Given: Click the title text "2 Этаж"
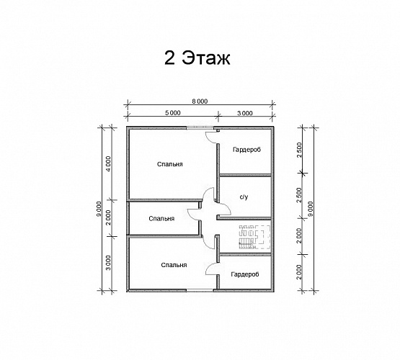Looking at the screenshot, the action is (x=197, y=58).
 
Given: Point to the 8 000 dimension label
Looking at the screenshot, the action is (x=200, y=102).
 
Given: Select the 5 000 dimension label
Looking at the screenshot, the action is (x=173, y=112).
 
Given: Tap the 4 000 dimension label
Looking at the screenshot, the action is (x=108, y=164).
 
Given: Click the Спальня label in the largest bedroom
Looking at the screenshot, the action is (x=170, y=164).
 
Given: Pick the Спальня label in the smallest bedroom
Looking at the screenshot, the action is (x=161, y=219).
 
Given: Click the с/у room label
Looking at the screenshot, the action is (x=244, y=197).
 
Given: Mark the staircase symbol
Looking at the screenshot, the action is (x=254, y=237).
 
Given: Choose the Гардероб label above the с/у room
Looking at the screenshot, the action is (x=246, y=150).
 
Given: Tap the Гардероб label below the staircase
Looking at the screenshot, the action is (x=245, y=274).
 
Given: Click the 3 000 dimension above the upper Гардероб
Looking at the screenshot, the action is (x=245, y=113).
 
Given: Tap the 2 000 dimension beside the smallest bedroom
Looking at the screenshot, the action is (x=108, y=217).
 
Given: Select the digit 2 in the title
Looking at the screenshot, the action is (x=169, y=58).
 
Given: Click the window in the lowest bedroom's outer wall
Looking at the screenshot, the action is (x=200, y=290).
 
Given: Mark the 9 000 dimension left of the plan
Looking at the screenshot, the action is (x=99, y=209).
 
